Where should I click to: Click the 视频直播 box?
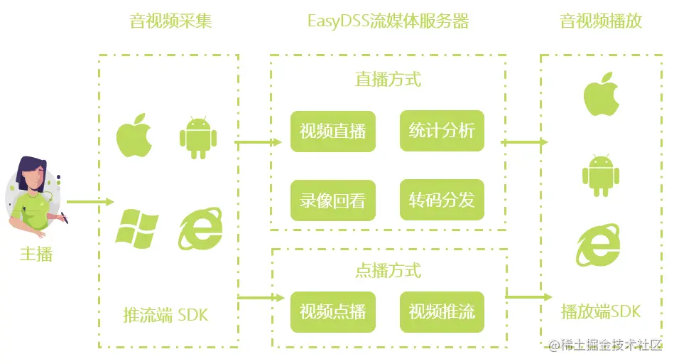tap(332, 131)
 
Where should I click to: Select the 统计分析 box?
tap(442, 131)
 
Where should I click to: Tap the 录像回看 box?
tap(332, 200)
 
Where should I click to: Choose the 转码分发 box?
tap(442, 200)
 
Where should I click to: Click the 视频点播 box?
tap(332, 311)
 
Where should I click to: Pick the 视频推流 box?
tap(442, 311)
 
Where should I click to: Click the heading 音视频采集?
tap(170, 21)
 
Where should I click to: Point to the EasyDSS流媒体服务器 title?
tap(388, 21)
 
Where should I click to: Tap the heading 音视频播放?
tap(601, 21)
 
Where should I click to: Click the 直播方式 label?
tap(388, 79)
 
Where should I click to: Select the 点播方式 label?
tap(388, 271)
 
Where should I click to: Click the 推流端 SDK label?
tap(165, 314)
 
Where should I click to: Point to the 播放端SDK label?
tap(601, 311)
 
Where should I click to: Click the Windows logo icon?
tap(137, 228)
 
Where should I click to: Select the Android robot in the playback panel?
tap(601, 175)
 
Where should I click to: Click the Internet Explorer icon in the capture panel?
tap(200, 227)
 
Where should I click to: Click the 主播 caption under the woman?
tap(36, 254)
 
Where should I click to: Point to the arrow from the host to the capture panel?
tap(89, 202)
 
